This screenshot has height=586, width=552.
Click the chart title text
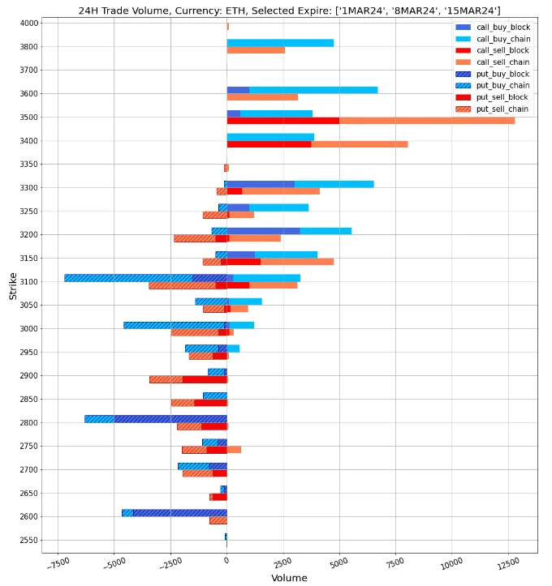click(289, 11)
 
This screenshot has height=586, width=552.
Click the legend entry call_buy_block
click(502, 28)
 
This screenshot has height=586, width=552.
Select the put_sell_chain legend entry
click(502, 109)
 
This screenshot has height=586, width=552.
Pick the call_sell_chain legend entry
click(502, 62)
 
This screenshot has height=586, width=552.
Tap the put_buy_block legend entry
click(502, 74)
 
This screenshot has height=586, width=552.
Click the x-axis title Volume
click(289, 578)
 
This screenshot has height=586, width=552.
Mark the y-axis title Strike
click(13, 286)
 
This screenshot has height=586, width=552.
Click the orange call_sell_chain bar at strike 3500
click(426, 121)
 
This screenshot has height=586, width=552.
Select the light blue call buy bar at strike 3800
click(280, 43)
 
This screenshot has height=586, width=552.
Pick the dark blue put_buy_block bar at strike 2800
click(170, 419)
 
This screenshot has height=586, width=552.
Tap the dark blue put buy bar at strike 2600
click(179, 513)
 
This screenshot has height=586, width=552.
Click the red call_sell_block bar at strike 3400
click(269, 144)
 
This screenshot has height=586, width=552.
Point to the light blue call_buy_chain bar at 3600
click(313, 90)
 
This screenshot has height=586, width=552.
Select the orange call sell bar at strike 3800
click(256, 50)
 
